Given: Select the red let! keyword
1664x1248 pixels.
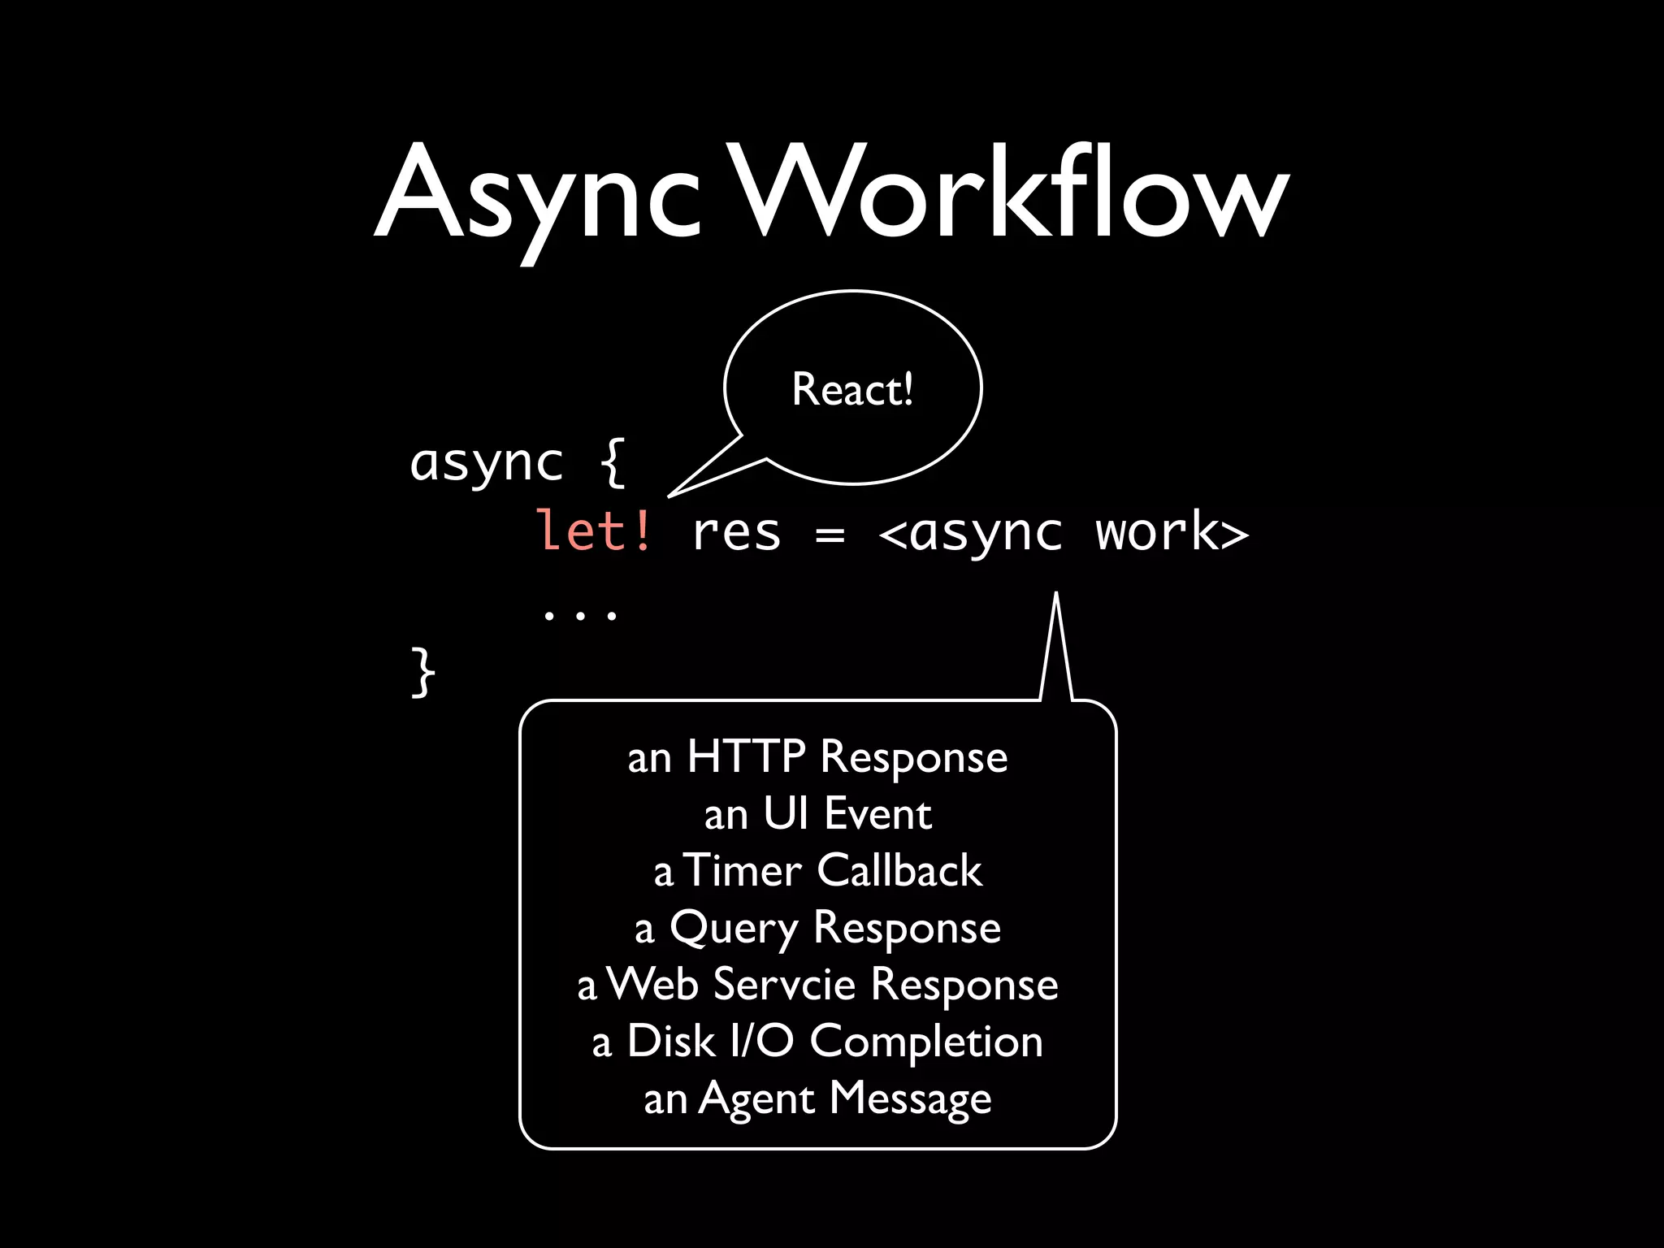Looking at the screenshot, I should click(594, 532).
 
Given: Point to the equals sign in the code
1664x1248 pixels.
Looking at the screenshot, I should click(830, 535).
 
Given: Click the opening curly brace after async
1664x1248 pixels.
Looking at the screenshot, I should click(613, 462).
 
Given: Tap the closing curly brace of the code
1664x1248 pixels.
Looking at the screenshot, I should click(422, 672).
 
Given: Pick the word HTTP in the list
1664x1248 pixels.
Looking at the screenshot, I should click(746, 756).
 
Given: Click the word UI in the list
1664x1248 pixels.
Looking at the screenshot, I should click(786, 813).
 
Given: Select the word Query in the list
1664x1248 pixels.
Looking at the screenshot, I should click(734, 929).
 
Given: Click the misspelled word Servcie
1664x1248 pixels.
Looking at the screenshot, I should click(784, 984).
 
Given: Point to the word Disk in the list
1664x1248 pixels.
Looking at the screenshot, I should click(670, 1041).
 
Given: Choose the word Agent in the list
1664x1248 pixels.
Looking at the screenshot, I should click(756, 1099).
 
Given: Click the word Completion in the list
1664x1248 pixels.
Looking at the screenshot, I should click(926, 1042).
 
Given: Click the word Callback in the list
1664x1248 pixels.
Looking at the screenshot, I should click(899, 870).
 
